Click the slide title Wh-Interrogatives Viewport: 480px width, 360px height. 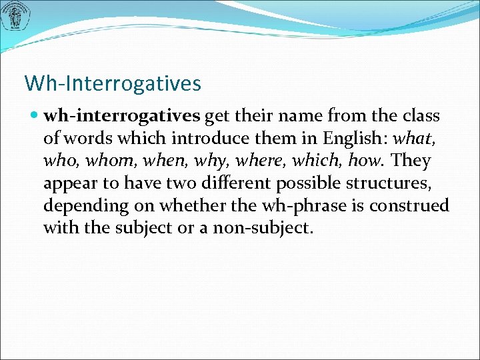point(112,83)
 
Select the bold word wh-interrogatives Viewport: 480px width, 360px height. point(121,116)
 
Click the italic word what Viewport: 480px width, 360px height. point(412,139)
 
